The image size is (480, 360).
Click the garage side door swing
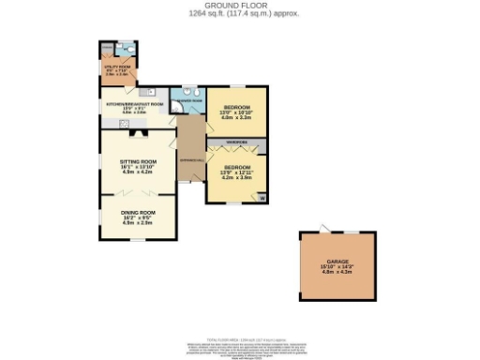(x=324, y=229)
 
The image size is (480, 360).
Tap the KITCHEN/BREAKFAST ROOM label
(x=136, y=103)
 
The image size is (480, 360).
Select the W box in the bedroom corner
(x=262, y=197)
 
